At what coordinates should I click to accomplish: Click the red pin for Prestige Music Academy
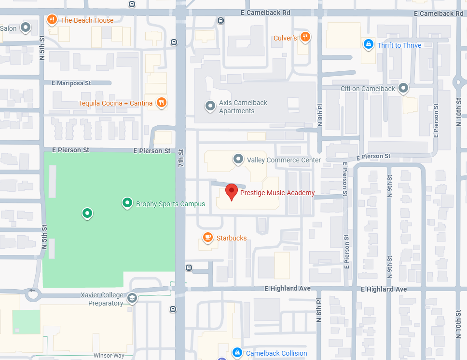pyautogui.click(x=232, y=191)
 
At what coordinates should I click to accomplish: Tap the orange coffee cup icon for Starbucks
pyautogui.click(x=208, y=237)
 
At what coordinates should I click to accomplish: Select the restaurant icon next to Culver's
pyautogui.click(x=304, y=37)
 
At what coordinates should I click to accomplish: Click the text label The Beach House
pyautogui.click(x=87, y=20)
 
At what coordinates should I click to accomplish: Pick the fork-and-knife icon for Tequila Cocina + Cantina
pyautogui.click(x=162, y=102)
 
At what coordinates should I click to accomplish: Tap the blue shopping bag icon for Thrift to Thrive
pyautogui.click(x=369, y=45)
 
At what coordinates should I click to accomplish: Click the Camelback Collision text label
pyautogui.click(x=276, y=353)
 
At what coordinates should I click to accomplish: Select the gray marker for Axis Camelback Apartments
pyautogui.click(x=210, y=106)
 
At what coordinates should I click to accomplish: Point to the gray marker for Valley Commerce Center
pyautogui.click(x=238, y=159)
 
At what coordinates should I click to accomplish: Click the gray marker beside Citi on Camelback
pyautogui.click(x=403, y=88)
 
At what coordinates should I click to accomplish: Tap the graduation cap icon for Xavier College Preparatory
pyautogui.click(x=132, y=298)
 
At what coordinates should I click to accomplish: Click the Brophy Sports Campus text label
pyautogui.click(x=170, y=204)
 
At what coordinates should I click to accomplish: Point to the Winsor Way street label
pyautogui.click(x=109, y=356)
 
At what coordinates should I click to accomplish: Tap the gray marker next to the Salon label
pyautogui.click(x=26, y=27)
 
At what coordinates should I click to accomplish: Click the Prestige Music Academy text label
pyautogui.click(x=277, y=193)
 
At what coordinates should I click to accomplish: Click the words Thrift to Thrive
pyautogui.click(x=399, y=45)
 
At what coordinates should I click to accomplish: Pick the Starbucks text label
pyautogui.click(x=232, y=238)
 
